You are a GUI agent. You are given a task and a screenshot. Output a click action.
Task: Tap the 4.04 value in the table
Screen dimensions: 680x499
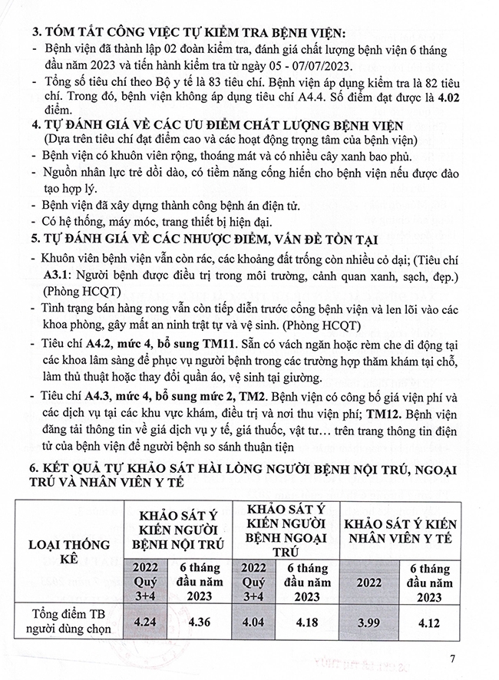[256, 618]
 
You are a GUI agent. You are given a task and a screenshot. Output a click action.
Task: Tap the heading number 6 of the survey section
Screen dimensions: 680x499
[31, 469]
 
